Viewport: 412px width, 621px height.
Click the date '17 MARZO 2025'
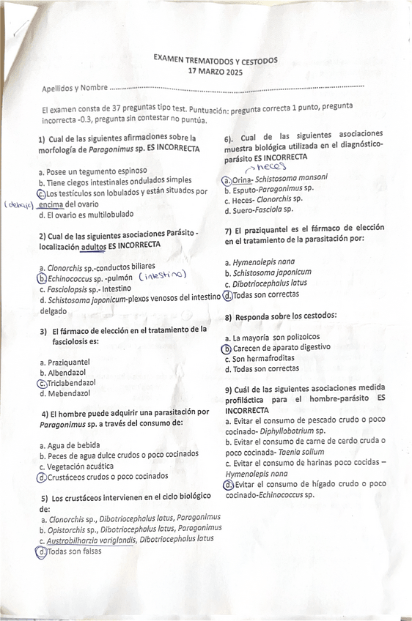(x=215, y=72)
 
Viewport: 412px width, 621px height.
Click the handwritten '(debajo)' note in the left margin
(x=21, y=205)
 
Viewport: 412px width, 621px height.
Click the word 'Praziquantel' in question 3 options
(x=68, y=362)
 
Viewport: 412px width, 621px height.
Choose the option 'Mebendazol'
(x=68, y=393)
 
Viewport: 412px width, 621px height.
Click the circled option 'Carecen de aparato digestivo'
(x=281, y=347)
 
